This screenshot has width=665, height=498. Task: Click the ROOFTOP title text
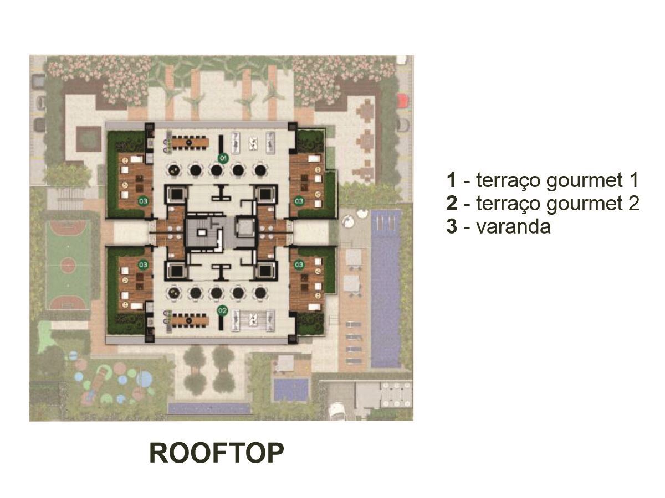point(216,453)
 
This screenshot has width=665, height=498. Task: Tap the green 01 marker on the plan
point(223,158)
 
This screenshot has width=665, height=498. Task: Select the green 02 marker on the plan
point(222,310)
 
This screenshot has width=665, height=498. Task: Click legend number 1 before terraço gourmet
point(452,180)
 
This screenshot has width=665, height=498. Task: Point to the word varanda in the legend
point(513,226)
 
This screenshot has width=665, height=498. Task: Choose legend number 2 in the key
point(452,203)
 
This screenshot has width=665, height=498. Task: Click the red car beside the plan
point(403,100)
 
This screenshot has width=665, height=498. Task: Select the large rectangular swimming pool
point(386,289)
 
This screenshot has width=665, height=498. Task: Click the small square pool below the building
point(290,390)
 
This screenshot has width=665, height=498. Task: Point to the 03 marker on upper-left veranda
point(143,200)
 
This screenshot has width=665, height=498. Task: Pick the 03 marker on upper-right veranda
point(299,200)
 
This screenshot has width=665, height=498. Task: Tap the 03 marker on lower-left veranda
point(143,265)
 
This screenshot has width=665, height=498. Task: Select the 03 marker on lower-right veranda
point(299,264)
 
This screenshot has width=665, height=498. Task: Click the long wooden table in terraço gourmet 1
point(190,142)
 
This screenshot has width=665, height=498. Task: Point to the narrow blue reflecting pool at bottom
point(209,408)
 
